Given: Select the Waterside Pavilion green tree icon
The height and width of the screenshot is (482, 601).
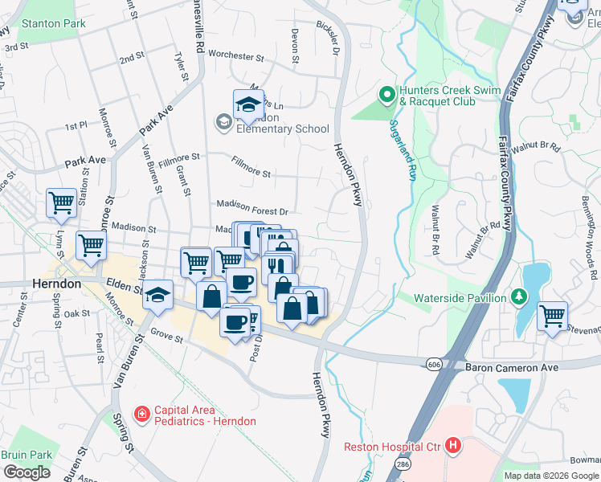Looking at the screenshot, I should [x=520, y=298].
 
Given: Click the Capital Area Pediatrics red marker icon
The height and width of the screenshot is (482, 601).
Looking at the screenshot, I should [x=142, y=415].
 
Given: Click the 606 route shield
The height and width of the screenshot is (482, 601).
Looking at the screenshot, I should [x=434, y=365].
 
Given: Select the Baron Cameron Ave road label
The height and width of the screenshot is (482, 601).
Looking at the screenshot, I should [x=511, y=367].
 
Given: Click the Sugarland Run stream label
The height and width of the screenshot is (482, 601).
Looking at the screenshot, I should [x=403, y=149].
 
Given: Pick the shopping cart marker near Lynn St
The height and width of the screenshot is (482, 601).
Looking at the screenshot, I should [x=61, y=203].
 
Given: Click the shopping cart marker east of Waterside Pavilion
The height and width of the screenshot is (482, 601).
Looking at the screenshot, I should [x=552, y=317].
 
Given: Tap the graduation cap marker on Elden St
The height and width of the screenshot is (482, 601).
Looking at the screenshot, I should [x=158, y=294].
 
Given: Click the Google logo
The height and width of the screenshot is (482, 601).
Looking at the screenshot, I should [x=27, y=472].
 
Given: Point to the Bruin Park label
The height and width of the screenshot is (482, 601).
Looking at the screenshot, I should [x=27, y=455].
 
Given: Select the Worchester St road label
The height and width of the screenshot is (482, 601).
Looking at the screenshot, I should [x=235, y=56].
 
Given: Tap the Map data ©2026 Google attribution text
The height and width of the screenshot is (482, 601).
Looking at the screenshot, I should [x=550, y=476].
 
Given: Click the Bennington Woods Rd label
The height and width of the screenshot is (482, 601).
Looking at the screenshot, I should [x=591, y=241].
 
